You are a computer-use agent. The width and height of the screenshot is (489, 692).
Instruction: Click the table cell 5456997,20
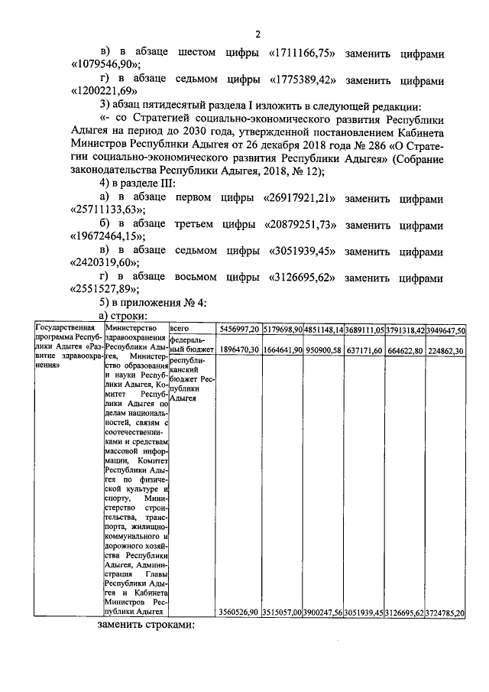tap(238, 329)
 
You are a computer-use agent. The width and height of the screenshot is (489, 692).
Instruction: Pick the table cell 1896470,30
tap(238, 349)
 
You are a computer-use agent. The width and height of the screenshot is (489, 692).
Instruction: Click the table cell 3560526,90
tap(238, 612)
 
